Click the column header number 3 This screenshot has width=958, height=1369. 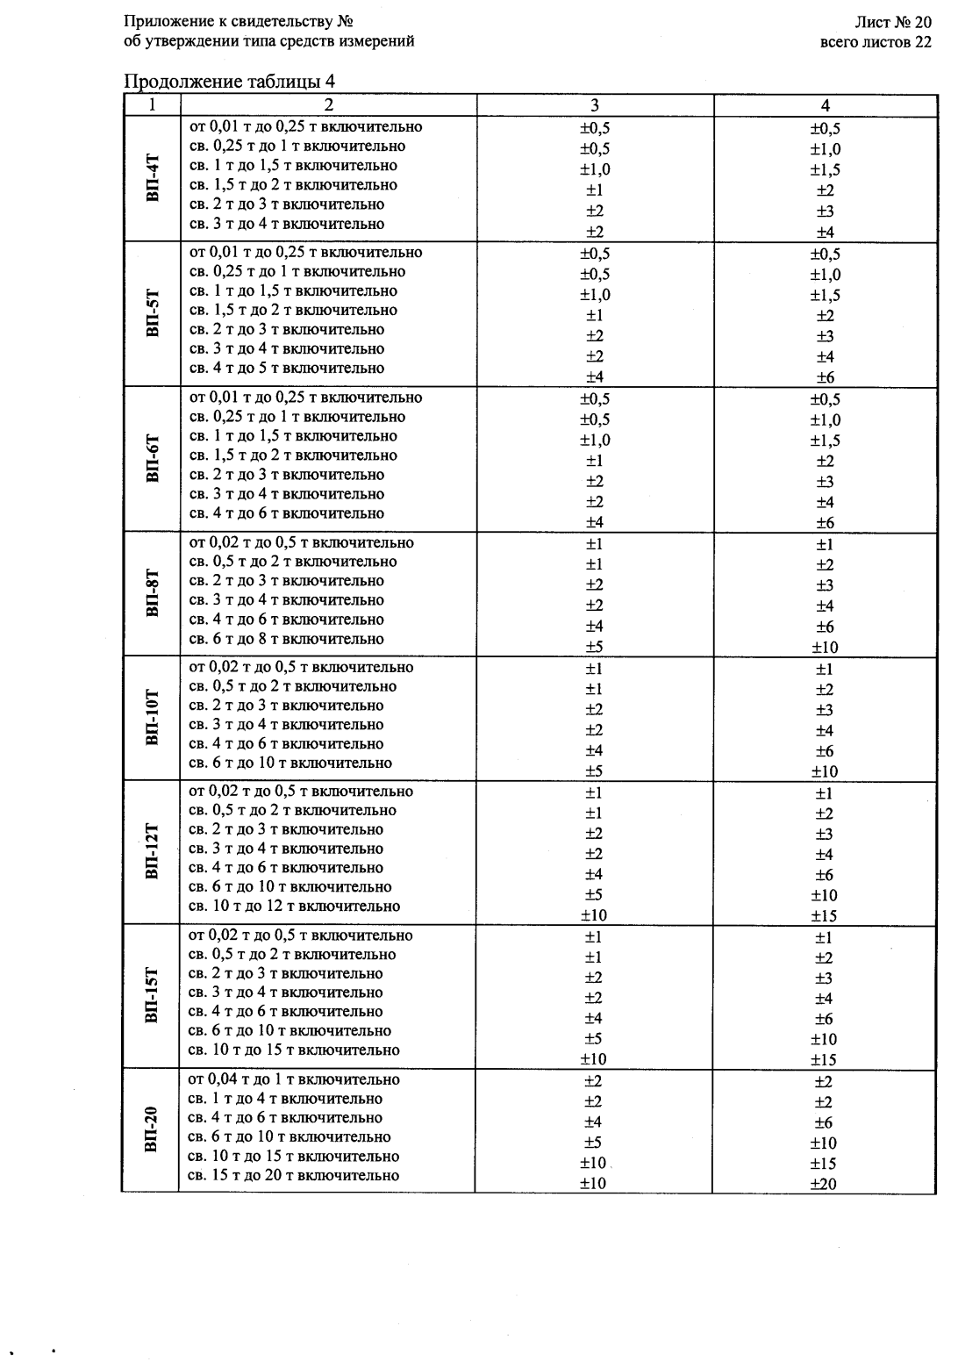click(x=595, y=105)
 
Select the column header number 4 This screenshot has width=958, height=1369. click(x=825, y=105)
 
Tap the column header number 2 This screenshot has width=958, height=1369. click(x=328, y=105)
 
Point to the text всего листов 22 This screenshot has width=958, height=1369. click(x=876, y=41)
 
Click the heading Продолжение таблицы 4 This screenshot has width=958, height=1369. click(x=230, y=82)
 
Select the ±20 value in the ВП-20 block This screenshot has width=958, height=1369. click(x=824, y=1184)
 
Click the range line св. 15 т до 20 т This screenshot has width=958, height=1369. click(x=294, y=1176)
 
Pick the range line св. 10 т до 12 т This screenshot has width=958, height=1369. click(x=295, y=907)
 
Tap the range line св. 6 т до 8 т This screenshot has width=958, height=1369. click(x=287, y=639)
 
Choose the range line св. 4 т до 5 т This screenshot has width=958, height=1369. click(x=287, y=369)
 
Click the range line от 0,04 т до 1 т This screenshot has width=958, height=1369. click(x=294, y=1079)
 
